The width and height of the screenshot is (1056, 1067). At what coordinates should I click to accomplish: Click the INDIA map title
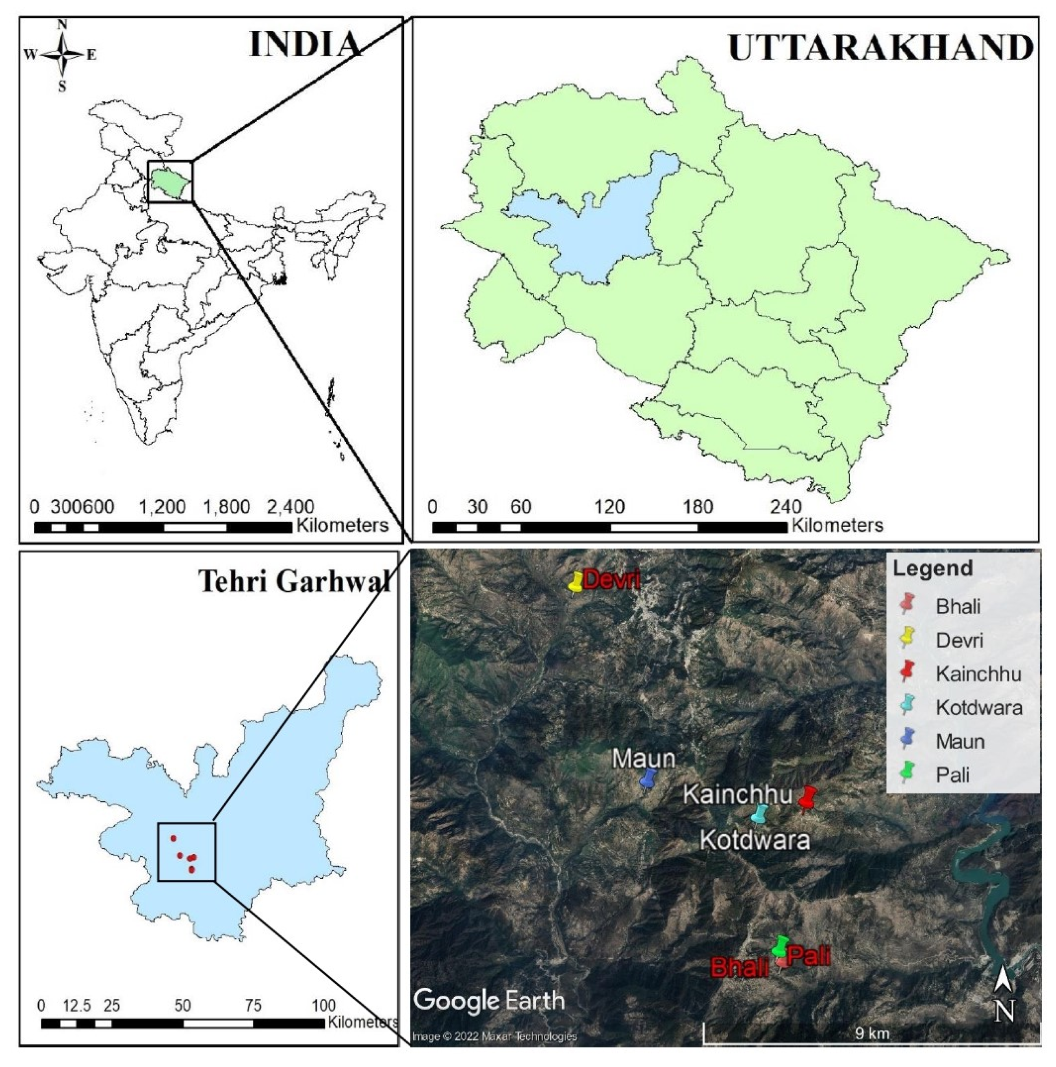[x=305, y=44]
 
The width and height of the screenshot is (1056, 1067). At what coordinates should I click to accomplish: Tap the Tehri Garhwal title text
[x=295, y=581]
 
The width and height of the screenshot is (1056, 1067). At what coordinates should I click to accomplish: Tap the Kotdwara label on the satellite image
[x=755, y=840]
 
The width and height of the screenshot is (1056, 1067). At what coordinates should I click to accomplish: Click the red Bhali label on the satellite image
[x=739, y=967]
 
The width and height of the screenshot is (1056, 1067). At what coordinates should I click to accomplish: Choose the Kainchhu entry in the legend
[x=978, y=674]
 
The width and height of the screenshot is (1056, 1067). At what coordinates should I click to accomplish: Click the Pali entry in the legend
[x=952, y=775]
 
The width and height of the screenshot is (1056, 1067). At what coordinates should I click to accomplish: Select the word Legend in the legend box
[x=933, y=568]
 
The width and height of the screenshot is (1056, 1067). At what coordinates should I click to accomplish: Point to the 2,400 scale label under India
[x=290, y=506]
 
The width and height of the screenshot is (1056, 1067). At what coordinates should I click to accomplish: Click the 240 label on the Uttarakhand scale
[x=785, y=506]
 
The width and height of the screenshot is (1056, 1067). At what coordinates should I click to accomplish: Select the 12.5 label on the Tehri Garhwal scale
[x=76, y=1005]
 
